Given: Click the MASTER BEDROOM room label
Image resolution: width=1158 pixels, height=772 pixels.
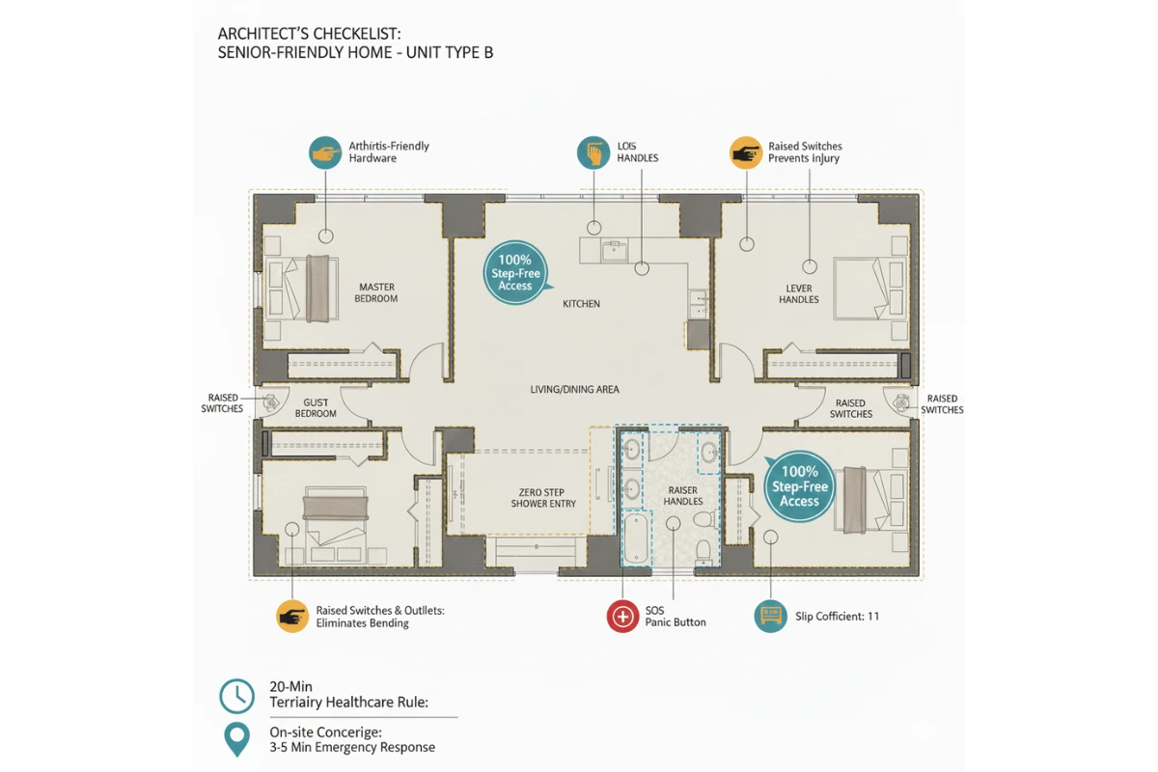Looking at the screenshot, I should point(376,292).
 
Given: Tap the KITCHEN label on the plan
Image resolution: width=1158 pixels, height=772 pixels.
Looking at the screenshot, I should point(581,304).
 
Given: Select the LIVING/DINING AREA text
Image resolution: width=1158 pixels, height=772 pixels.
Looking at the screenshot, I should point(574,389).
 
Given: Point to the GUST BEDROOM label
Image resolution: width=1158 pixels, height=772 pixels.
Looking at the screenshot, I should point(316,408).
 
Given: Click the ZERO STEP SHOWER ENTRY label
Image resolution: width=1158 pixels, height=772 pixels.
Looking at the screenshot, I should point(546,497).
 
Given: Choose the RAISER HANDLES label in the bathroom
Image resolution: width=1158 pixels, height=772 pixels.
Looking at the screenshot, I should point(683,496).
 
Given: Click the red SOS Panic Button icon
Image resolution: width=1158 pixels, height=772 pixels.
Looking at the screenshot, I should point(622,616).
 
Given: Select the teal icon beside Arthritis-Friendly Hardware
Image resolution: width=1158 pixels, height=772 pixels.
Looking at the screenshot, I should point(325,152).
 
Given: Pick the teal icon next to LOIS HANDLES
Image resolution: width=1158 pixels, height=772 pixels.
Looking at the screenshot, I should point(593,152).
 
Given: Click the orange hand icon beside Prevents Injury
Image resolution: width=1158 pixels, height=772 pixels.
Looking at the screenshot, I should point(746,152).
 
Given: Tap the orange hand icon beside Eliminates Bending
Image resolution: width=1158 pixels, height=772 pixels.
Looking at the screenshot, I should point(292,616).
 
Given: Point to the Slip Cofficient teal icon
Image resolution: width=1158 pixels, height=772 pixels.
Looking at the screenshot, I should point(770,616).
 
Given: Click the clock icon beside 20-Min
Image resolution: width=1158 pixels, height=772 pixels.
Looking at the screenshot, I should point(236,695).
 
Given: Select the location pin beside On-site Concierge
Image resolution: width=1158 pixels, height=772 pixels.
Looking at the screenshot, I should point(236,739).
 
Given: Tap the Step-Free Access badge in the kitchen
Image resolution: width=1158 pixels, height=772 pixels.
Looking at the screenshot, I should point(515,273).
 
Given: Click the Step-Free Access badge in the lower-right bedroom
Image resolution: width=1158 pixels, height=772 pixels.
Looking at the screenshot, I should point(799,486).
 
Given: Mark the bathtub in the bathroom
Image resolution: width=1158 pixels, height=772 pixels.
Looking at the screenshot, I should point(636,539).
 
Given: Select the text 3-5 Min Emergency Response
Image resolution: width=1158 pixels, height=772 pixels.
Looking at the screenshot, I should point(352,747).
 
